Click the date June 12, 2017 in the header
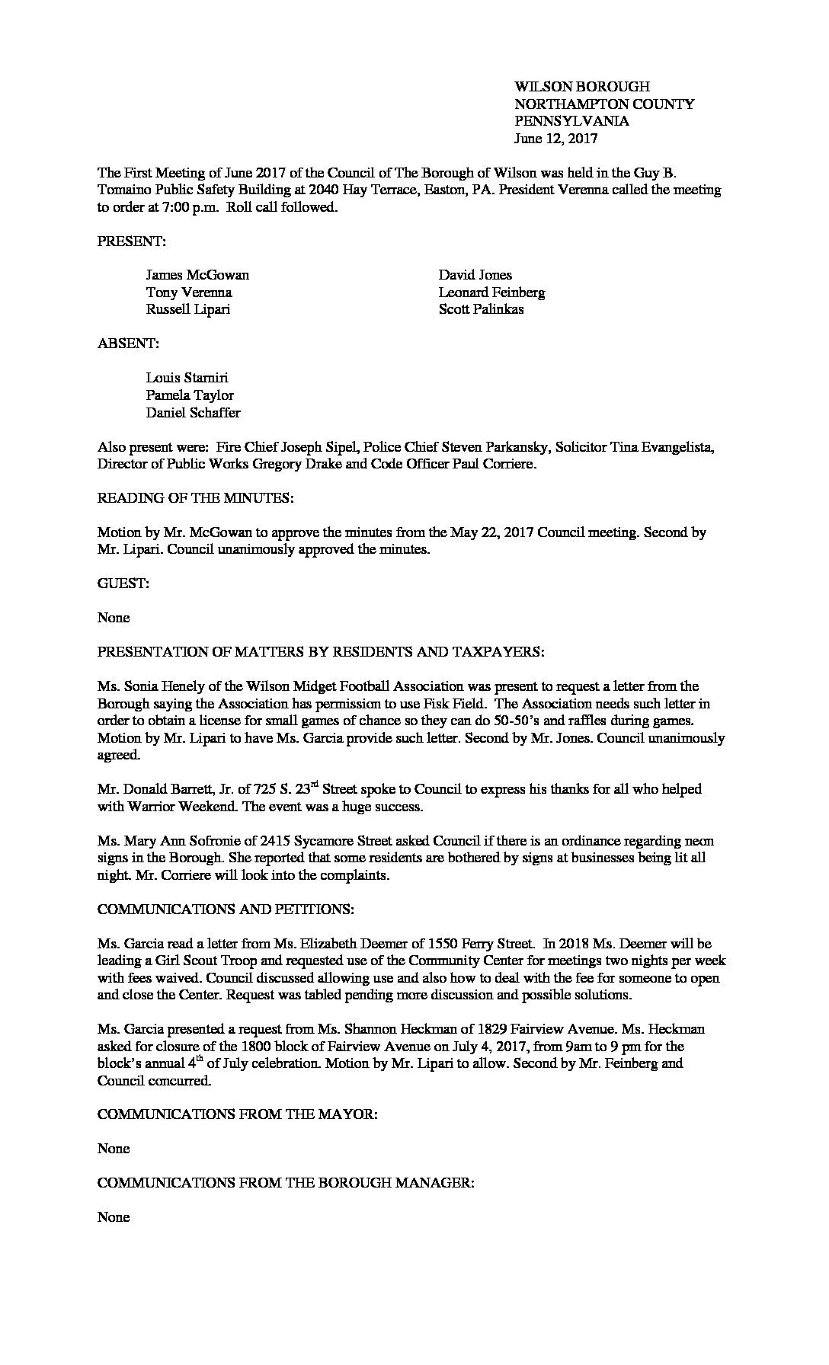555,139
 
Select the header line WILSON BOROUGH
582,87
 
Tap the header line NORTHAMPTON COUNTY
604,104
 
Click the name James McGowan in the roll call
197,275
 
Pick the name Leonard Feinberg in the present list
491,292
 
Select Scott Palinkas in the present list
481,310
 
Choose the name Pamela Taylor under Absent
190,395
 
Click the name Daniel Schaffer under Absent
193,413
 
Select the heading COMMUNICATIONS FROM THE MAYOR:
237,1114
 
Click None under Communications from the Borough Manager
114,1217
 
